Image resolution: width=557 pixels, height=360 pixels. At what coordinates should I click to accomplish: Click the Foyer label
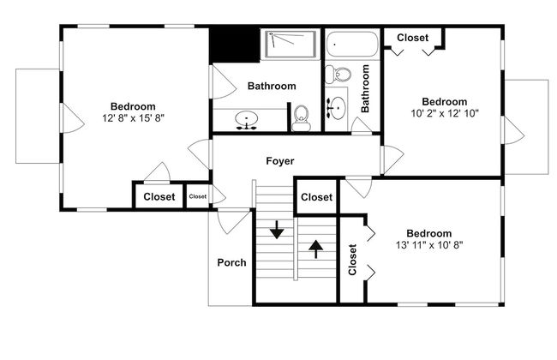pos(280,161)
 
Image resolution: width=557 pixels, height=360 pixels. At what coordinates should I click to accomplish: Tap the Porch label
pos(231,262)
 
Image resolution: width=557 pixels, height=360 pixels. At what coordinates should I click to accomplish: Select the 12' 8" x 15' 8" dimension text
pos(133,118)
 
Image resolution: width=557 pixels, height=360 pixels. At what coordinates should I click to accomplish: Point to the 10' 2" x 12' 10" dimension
pos(445,113)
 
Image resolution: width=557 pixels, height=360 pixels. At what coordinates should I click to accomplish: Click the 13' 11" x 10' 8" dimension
pos(429,245)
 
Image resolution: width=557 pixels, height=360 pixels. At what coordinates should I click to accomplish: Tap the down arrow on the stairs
pos(277,230)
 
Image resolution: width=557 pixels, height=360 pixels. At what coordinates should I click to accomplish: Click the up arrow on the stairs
pos(315,249)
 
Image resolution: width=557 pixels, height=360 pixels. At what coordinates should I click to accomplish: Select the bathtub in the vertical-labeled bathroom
pos(352,44)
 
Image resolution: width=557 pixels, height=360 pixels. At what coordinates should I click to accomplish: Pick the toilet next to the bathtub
pos(338,75)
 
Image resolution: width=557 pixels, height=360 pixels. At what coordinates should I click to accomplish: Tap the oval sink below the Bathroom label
pos(246,118)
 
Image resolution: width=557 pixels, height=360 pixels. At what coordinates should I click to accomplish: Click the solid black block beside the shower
pos(235,45)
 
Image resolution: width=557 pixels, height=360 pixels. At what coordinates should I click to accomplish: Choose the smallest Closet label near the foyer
pos(197,196)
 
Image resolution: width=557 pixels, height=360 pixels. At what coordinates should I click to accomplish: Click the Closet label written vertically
pos(352,260)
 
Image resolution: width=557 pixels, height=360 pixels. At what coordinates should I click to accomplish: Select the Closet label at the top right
pos(413,38)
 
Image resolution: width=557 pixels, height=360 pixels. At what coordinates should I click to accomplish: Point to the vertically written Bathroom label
pos(365,88)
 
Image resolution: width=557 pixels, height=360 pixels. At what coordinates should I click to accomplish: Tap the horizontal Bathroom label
pos(272,86)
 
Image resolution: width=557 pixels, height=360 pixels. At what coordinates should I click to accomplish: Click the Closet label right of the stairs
pos(316,197)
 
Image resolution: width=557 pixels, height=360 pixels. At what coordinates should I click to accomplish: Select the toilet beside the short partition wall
pos(302,118)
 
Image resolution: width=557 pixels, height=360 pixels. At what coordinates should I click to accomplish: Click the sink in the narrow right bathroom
pos(337,106)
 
